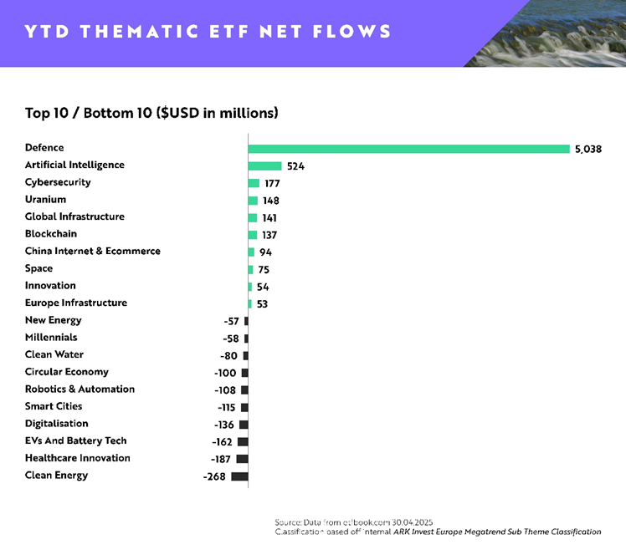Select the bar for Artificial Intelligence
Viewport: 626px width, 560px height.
(x=264, y=165)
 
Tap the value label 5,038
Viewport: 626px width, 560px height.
(x=588, y=149)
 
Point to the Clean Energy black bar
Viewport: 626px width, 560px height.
(x=239, y=476)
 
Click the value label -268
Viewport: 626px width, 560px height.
(x=214, y=476)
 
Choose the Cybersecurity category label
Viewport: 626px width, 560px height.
(x=58, y=182)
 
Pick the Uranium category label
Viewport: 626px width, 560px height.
(x=45, y=200)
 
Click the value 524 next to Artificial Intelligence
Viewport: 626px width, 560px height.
(x=295, y=166)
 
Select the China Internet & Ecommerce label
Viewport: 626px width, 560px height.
(x=92, y=251)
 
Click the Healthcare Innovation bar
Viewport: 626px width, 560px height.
(x=242, y=459)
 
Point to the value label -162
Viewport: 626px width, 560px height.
(x=222, y=442)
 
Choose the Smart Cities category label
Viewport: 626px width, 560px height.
(x=54, y=406)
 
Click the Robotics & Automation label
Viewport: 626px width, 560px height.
(x=80, y=389)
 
